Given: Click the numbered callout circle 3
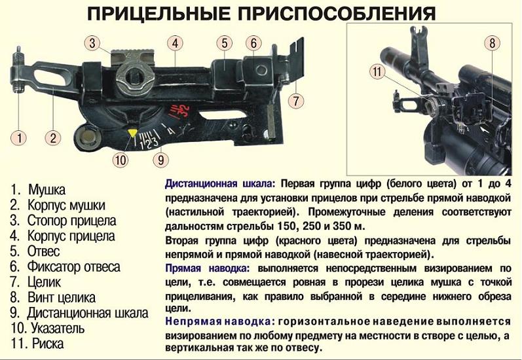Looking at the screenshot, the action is [x=92, y=43].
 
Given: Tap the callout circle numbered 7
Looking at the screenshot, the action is [x=296, y=101].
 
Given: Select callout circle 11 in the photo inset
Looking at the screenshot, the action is [x=377, y=72].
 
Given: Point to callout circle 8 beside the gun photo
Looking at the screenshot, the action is [x=492, y=43].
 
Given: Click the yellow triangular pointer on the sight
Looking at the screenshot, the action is [x=132, y=132].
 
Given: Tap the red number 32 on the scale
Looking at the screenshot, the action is [x=184, y=110].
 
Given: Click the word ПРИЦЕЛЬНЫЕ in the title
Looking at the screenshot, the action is [x=158, y=13].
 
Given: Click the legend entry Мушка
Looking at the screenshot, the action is [x=47, y=190].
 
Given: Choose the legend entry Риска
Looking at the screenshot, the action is [x=48, y=344].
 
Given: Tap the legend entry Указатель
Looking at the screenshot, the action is [x=58, y=329].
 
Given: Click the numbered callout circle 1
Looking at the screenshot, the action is [x=19, y=137].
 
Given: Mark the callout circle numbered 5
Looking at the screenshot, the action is [x=225, y=43].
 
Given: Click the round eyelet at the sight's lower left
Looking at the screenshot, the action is [x=88, y=137].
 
